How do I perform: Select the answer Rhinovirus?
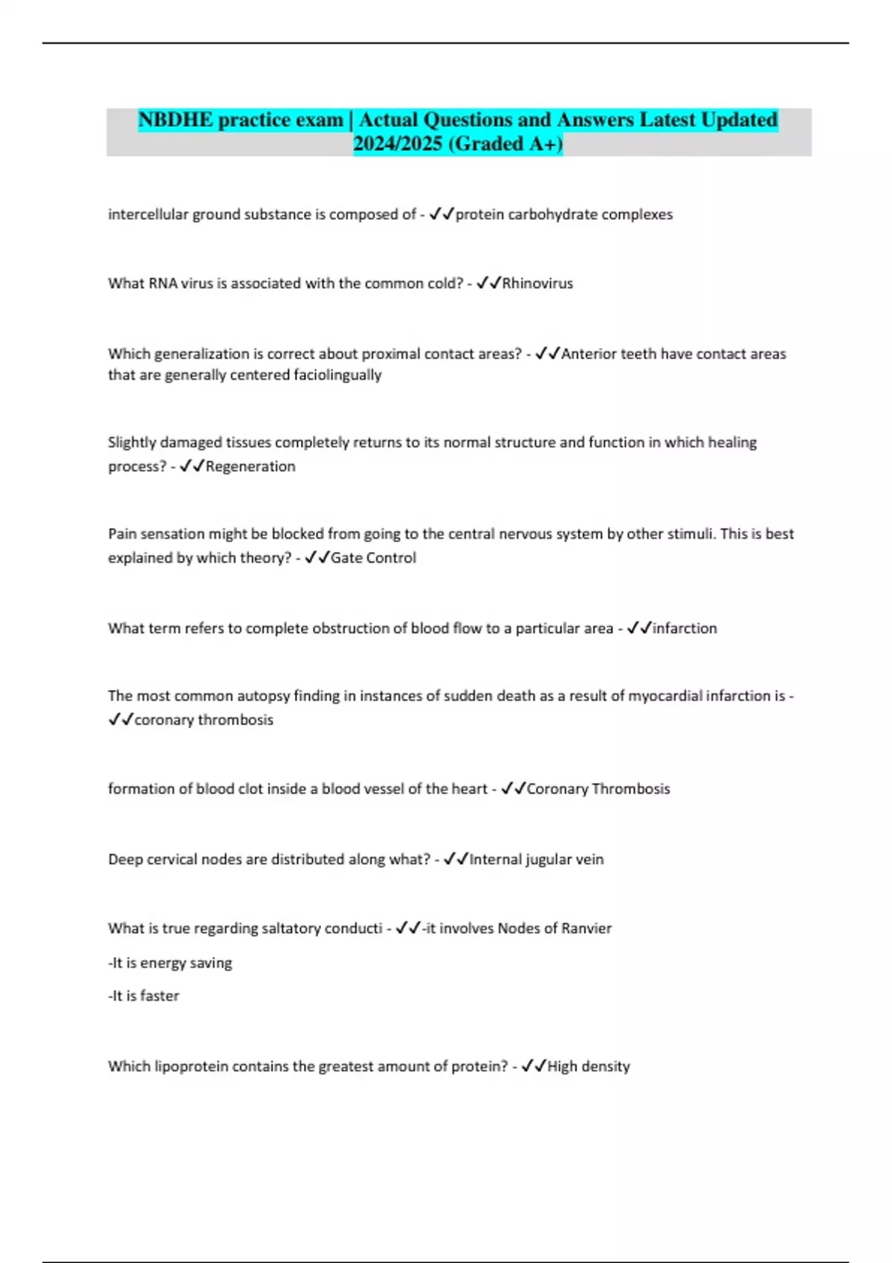[x=537, y=283]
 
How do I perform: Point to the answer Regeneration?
[x=251, y=467]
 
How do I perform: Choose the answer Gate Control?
[x=373, y=558]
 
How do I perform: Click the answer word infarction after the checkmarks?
[x=685, y=629]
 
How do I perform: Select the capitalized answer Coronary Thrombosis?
[x=598, y=789]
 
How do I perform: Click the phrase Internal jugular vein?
[x=537, y=860]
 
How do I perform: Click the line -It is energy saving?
[x=170, y=963]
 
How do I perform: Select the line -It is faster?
[x=143, y=996]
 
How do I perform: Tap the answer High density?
[x=589, y=1067]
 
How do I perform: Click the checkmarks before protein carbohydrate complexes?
[x=442, y=215]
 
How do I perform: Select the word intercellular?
[x=148, y=215]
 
